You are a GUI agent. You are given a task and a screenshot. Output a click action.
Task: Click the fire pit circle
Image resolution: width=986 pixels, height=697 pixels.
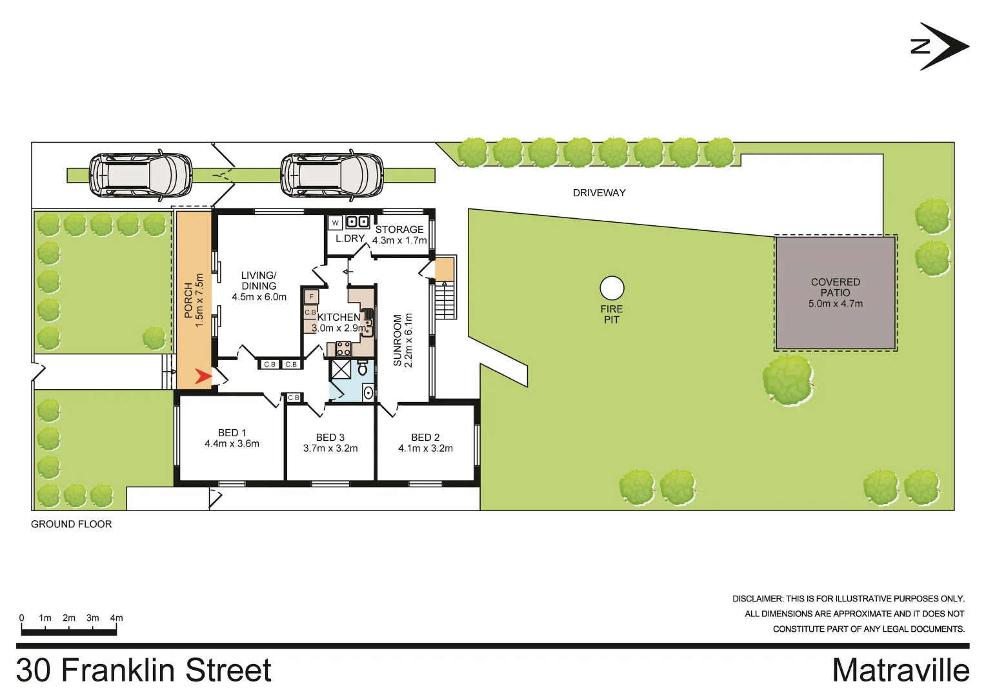coord(612,288)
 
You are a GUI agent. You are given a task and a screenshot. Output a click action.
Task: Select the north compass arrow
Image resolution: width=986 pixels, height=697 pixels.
coord(941,46)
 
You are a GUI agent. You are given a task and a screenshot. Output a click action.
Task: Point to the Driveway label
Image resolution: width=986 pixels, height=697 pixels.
coord(599,193)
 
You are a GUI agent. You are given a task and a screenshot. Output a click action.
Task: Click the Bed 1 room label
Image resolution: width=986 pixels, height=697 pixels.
coord(232,438)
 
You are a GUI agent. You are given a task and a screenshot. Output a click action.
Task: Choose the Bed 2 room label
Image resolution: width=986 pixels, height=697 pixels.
coord(425,443)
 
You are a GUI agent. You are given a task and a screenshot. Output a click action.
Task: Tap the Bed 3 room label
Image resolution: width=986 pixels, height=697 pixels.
coord(330,443)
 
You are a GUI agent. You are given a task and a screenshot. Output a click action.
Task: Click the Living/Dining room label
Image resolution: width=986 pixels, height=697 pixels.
coord(259,286)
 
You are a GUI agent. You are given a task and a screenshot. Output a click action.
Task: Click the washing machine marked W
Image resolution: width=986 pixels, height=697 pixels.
coord(335,223)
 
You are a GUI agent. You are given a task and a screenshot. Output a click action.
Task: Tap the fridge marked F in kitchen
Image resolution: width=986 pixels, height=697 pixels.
coord(311,297)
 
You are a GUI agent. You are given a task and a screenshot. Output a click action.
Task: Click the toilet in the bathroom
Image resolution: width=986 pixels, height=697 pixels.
coord(363,369)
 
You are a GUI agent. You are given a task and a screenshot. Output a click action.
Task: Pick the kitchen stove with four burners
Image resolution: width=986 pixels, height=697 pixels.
coord(343,349)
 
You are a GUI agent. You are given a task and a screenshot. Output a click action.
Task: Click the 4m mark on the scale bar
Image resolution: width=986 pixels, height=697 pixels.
coord(116,618)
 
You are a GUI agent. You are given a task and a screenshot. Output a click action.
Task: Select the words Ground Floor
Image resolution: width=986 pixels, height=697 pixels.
coord(71,524)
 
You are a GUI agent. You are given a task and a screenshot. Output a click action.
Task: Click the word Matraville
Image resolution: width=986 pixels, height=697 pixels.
coord(900,670)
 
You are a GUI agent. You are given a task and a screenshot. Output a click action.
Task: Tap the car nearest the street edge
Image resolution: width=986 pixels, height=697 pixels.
coord(140,175)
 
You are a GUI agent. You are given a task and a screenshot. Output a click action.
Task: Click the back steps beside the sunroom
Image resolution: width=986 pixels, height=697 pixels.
coord(445,300)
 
